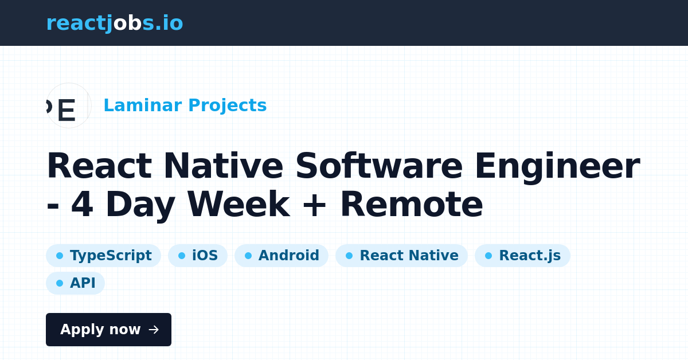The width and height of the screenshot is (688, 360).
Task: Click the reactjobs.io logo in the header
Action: pyautogui.click(x=115, y=24)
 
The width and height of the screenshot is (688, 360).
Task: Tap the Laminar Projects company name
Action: pyautogui.click(x=185, y=105)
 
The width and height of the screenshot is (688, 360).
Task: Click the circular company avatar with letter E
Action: pyautogui.click(x=69, y=105)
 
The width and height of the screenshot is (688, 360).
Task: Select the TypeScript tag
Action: pyautogui.click(x=104, y=256)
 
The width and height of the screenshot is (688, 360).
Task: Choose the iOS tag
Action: pyautogui.click(x=198, y=256)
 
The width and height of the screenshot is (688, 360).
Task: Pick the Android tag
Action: pyautogui.click(x=282, y=256)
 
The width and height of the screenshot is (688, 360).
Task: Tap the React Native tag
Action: pyautogui.click(x=402, y=256)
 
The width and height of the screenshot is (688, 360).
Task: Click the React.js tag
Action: pyautogui.click(x=523, y=256)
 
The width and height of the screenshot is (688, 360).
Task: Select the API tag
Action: pyautogui.click(x=75, y=283)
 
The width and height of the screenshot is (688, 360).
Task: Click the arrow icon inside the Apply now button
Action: pyautogui.click(x=154, y=330)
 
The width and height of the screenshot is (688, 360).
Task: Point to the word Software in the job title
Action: pyautogui.click(x=379, y=166)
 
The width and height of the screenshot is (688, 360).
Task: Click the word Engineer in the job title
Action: pyautogui.click(x=558, y=168)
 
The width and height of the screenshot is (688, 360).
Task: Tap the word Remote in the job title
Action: pyautogui.click(x=412, y=204)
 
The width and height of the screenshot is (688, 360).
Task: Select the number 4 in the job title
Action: pyautogui.click(x=82, y=204)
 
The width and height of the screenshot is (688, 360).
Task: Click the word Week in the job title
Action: pyautogui.click(x=239, y=204)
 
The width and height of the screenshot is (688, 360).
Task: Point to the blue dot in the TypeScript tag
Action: pyautogui.click(x=60, y=256)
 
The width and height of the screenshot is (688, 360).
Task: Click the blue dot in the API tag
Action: pyautogui.click(x=60, y=283)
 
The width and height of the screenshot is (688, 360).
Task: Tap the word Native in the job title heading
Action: pyautogui.click(x=223, y=166)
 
